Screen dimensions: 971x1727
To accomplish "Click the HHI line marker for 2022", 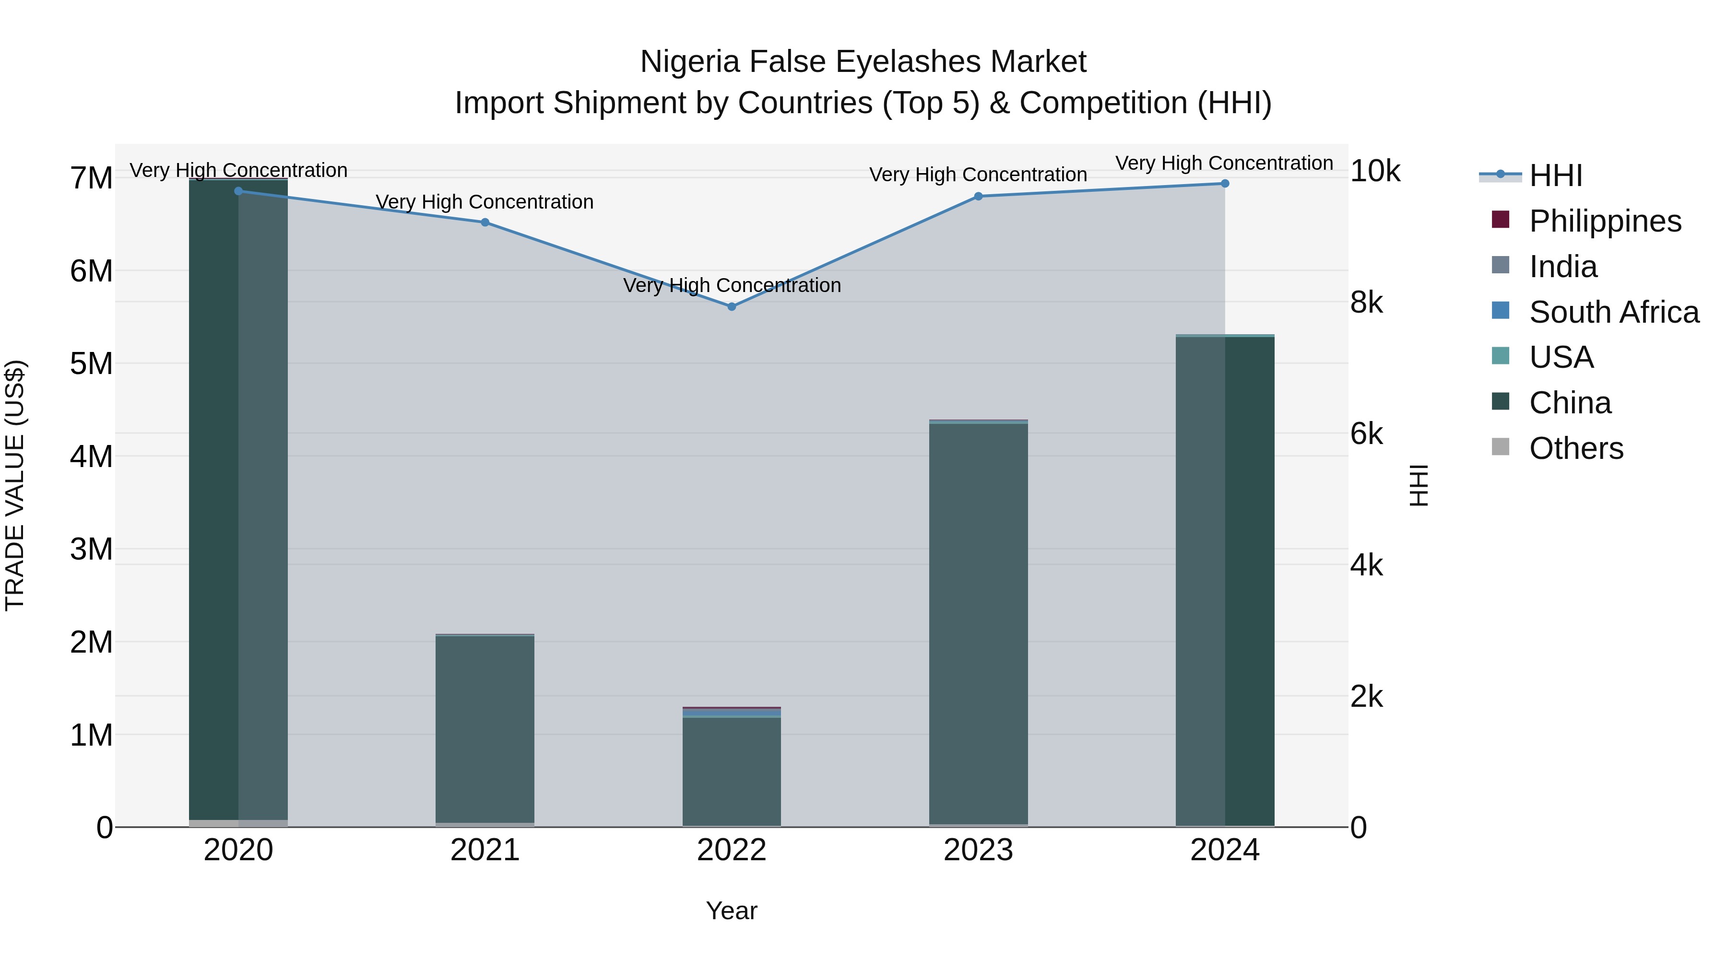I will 732,306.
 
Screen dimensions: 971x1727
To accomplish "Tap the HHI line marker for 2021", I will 485,222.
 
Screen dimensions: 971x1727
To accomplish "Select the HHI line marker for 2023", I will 978,196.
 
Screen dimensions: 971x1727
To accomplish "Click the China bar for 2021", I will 485,729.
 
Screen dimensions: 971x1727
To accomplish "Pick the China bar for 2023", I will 978,623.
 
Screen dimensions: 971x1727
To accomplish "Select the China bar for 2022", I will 732,771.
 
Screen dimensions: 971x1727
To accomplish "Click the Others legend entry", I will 1575,448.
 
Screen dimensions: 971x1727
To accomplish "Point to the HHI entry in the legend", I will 1555,175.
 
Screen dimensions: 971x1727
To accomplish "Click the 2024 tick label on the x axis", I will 1225,850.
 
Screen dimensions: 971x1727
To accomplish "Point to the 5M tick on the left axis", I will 91,364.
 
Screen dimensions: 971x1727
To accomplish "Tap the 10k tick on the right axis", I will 1374,172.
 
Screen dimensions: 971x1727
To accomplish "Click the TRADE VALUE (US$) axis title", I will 15,485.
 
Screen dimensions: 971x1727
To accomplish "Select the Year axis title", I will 732,911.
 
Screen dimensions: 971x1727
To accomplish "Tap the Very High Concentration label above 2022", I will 732,285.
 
